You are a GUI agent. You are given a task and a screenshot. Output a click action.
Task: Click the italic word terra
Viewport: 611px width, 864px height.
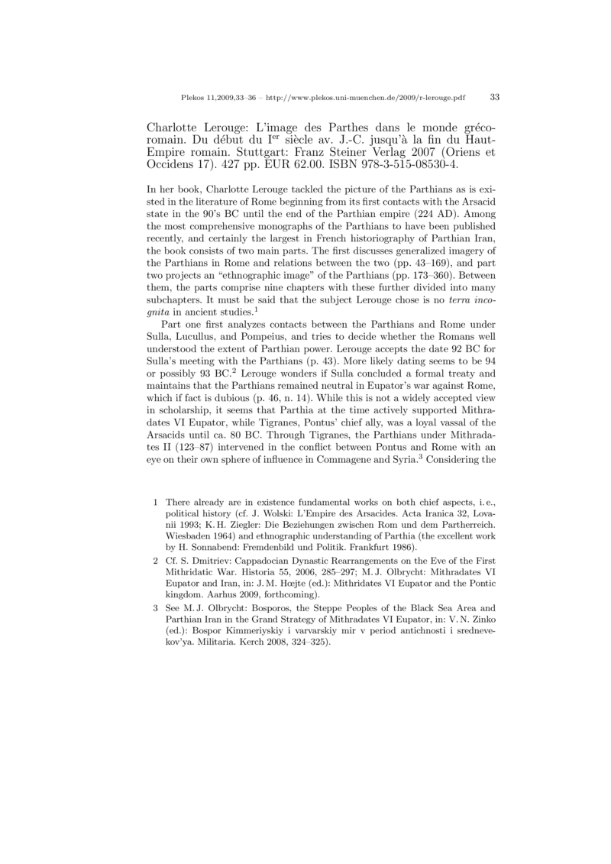tap(458, 322)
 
